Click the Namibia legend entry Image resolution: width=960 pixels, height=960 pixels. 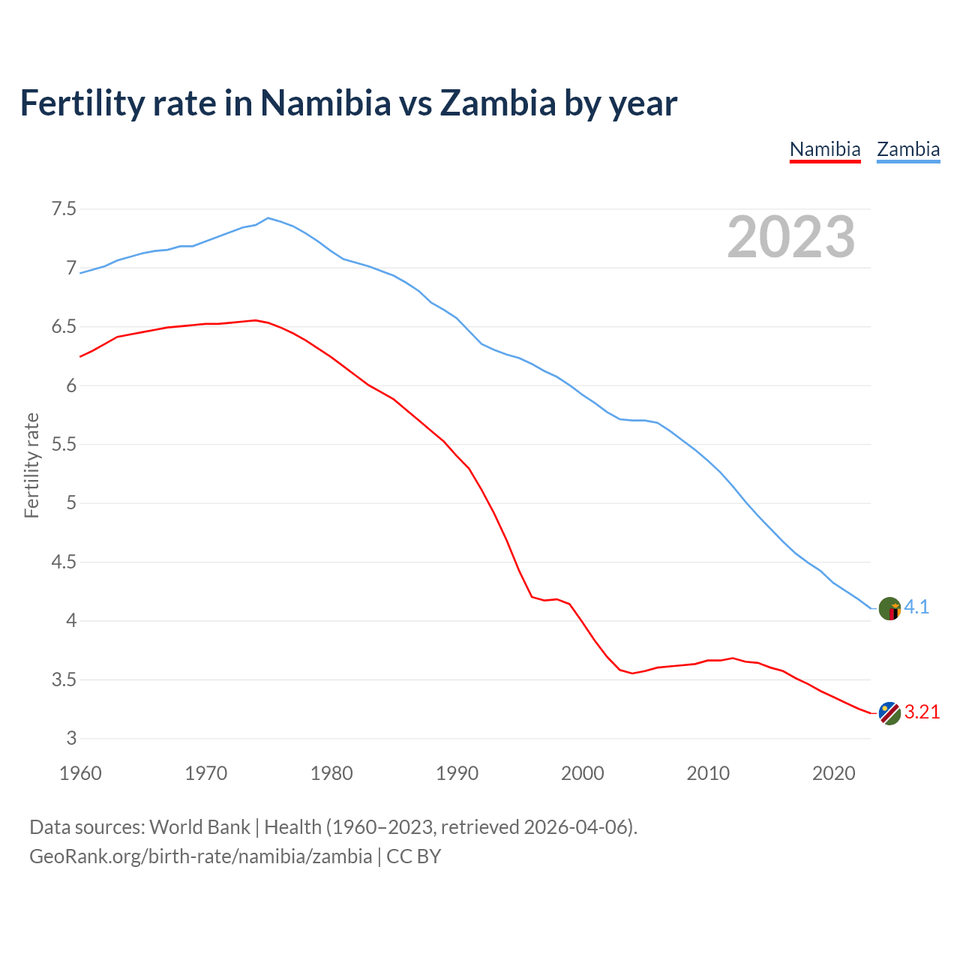[x=825, y=149]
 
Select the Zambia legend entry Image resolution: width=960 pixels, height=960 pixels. [x=908, y=149]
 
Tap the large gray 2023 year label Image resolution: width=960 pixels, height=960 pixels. [x=791, y=237]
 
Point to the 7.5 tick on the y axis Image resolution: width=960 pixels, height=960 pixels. [x=64, y=208]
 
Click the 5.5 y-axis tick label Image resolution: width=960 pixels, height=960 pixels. [x=64, y=444]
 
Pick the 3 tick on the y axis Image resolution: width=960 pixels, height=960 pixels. [x=72, y=738]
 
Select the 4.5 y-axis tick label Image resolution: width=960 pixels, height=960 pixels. [x=64, y=562]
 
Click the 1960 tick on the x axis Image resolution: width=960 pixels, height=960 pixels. [x=80, y=773]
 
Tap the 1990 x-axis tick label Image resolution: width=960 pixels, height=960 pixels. [x=457, y=773]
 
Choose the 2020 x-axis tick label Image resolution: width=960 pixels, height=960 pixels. [x=833, y=773]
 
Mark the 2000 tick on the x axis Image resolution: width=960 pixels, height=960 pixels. [x=582, y=773]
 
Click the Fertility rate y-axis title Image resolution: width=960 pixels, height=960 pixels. [x=31, y=465]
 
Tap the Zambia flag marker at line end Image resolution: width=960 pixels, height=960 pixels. [x=889, y=608]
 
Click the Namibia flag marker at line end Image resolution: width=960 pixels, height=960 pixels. [x=889, y=713]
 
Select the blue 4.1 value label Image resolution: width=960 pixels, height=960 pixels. [x=916, y=607]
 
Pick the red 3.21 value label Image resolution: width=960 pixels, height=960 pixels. [x=922, y=712]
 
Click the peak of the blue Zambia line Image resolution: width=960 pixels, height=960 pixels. [x=268, y=218]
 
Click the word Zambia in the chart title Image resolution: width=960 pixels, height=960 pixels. [x=497, y=103]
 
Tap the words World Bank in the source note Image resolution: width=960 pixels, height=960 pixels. [x=199, y=827]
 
